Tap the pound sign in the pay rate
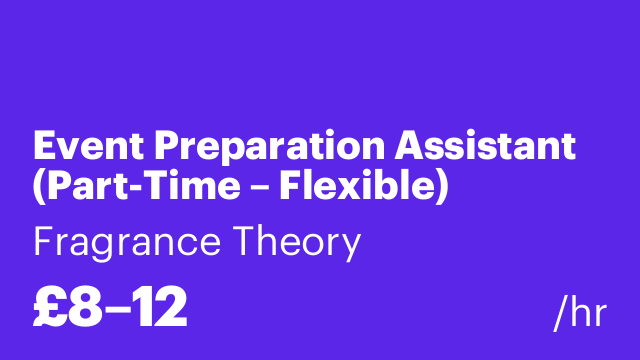coord(50,309)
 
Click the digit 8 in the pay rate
coord(88,309)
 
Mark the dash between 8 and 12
coord(120,311)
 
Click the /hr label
coord(580,313)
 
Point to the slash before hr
coord(559,313)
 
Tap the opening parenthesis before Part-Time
coord(40,188)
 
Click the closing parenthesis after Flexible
coord(440,188)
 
